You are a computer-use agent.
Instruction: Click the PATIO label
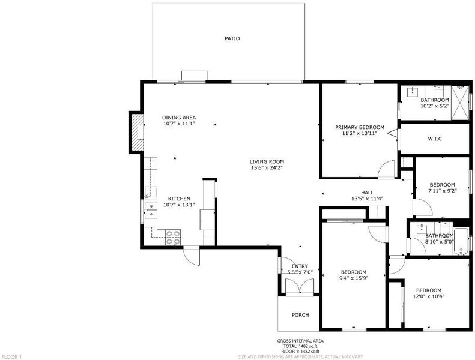tap(232, 38)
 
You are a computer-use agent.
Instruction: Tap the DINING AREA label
tap(179, 118)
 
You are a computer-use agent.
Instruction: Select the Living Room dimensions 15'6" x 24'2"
tap(267, 168)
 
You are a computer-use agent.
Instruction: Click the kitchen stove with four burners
tap(173, 237)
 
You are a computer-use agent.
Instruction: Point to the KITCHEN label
tap(179, 199)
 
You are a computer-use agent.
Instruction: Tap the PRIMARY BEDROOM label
tap(360, 127)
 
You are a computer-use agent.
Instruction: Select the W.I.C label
tap(435, 139)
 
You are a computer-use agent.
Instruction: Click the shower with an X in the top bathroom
tap(460, 103)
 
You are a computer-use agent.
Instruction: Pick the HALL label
tap(367, 193)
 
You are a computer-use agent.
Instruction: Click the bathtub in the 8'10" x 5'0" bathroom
tap(461, 242)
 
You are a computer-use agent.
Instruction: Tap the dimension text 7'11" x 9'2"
tap(443, 191)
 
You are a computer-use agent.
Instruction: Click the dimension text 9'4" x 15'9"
tap(354, 278)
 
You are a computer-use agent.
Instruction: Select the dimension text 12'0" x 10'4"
tap(429, 296)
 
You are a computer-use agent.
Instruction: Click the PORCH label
tap(300, 315)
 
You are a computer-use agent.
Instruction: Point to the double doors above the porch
tap(300, 286)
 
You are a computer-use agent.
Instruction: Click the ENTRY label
tap(300, 266)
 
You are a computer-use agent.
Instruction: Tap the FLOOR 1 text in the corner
tap(11, 357)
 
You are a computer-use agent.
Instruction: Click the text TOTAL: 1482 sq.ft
tap(300, 346)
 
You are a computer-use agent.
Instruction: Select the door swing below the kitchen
tap(192, 256)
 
